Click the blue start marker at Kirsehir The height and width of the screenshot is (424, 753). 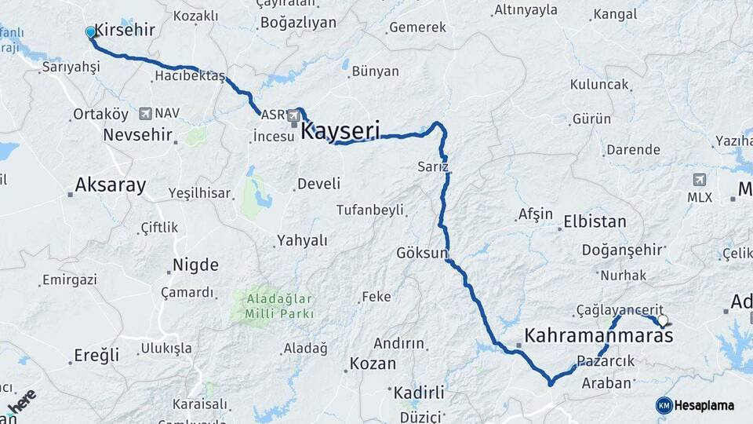click(x=90, y=32)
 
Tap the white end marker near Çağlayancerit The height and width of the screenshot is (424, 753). click(x=663, y=320)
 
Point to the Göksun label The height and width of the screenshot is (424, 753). click(x=421, y=254)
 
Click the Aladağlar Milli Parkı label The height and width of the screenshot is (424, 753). click(x=279, y=306)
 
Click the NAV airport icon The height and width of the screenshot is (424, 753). click(x=145, y=114)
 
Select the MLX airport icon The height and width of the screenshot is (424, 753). click(x=700, y=180)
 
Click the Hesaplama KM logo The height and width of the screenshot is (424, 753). click(x=664, y=405)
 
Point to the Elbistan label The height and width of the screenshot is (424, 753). click(x=595, y=221)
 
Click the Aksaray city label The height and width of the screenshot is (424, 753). click(x=110, y=185)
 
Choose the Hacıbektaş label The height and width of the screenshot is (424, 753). click(x=190, y=76)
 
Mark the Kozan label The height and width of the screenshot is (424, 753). click(x=373, y=364)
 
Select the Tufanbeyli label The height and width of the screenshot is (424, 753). click(x=369, y=210)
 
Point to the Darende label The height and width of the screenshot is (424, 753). click(x=633, y=149)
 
